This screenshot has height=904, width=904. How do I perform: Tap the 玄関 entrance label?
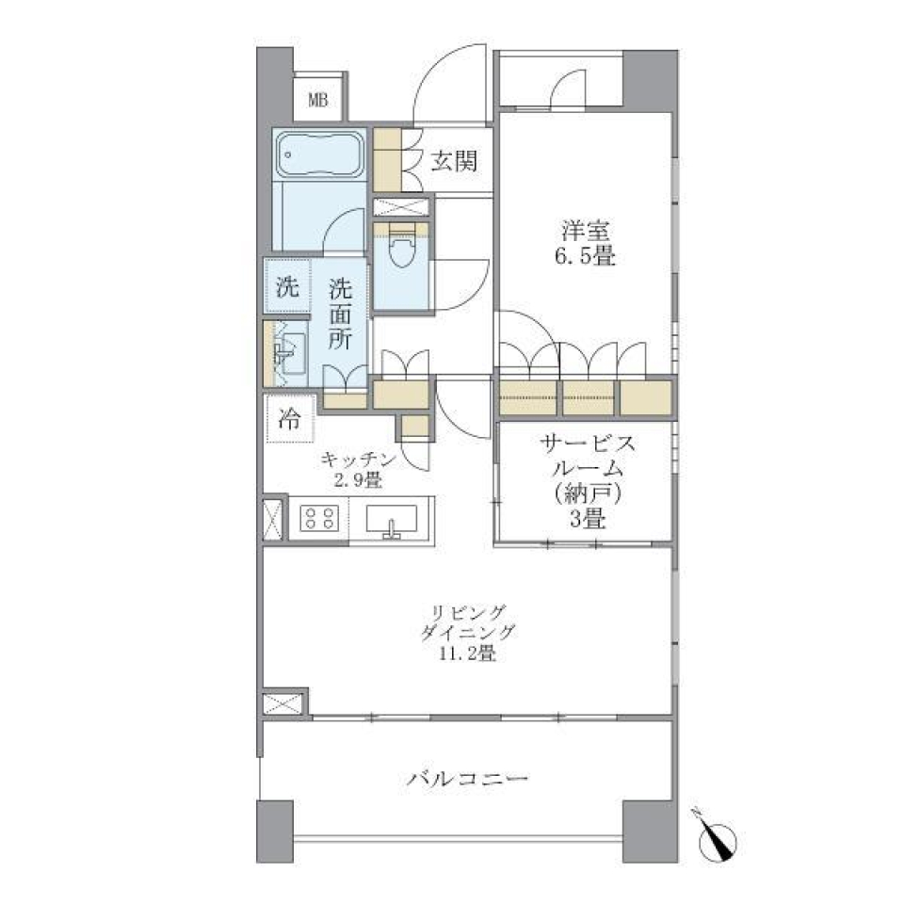tap(455, 161)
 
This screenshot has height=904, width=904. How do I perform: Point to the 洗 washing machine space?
tap(287, 288)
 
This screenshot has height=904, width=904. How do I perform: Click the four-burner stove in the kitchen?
tap(318, 519)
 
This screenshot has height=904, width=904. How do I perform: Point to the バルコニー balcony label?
tap(468, 780)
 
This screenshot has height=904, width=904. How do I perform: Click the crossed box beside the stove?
tap(272, 519)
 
